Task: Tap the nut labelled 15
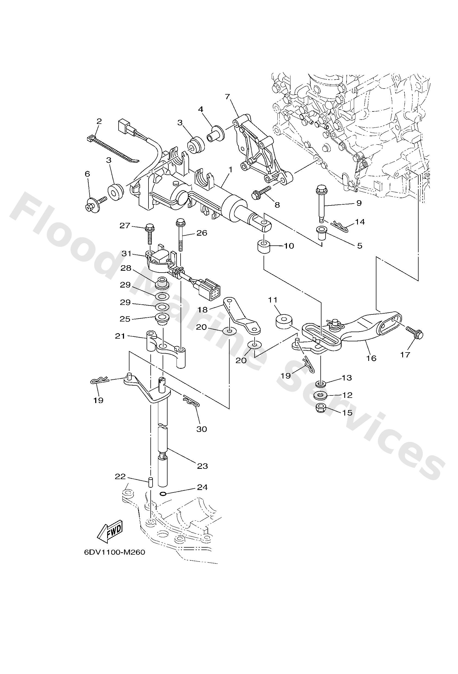(321, 409)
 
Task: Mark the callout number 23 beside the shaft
(202, 466)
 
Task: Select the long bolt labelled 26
(181, 236)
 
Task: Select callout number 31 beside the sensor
(126, 254)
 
